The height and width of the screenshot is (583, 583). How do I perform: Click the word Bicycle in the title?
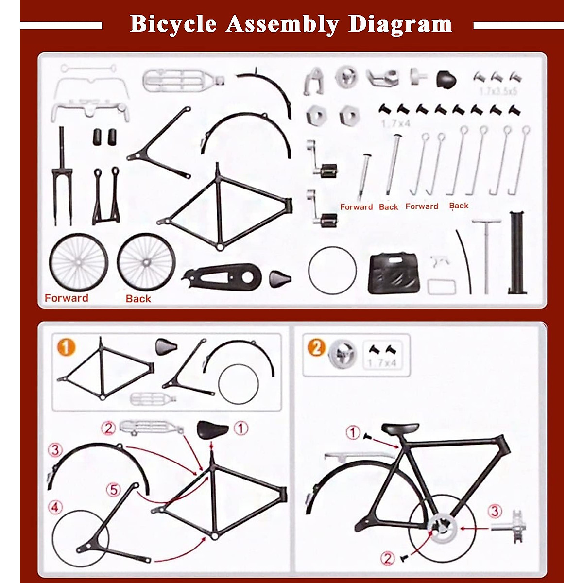(173, 24)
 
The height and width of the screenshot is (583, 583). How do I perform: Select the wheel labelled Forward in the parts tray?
(78, 262)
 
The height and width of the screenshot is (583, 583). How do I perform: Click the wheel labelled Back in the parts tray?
(146, 262)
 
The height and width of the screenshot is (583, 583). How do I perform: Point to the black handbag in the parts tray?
(393, 273)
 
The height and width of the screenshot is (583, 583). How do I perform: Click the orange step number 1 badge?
(66, 347)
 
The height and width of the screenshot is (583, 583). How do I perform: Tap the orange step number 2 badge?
(316, 347)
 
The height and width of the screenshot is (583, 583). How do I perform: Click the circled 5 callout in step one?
(114, 489)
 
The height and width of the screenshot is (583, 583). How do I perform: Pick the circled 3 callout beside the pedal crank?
(495, 511)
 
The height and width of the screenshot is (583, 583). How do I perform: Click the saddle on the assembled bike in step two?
(400, 429)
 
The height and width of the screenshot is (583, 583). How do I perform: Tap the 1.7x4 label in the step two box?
(382, 363)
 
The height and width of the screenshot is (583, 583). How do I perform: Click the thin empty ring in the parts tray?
(332, 271)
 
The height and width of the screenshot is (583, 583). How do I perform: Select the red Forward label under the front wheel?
(67, 298)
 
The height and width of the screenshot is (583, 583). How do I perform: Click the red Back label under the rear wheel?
(138, 299)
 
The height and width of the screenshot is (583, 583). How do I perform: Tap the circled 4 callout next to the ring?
(55, 508)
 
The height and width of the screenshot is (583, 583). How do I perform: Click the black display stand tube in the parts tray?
(517, 253)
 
